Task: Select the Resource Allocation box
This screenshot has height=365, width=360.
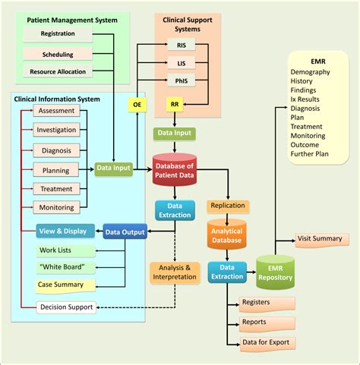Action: (x=58, y=72)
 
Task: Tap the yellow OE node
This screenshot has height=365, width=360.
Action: (x=136, y=104)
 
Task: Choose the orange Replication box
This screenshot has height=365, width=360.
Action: (x=228, y=206)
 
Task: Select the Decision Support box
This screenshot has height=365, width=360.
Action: (x=66, y=307)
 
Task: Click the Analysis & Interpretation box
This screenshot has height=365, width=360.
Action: (x=176, y=272)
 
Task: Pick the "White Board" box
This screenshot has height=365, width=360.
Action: (x=66, y=267)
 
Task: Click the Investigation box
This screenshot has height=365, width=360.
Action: (x=56, y=130)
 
